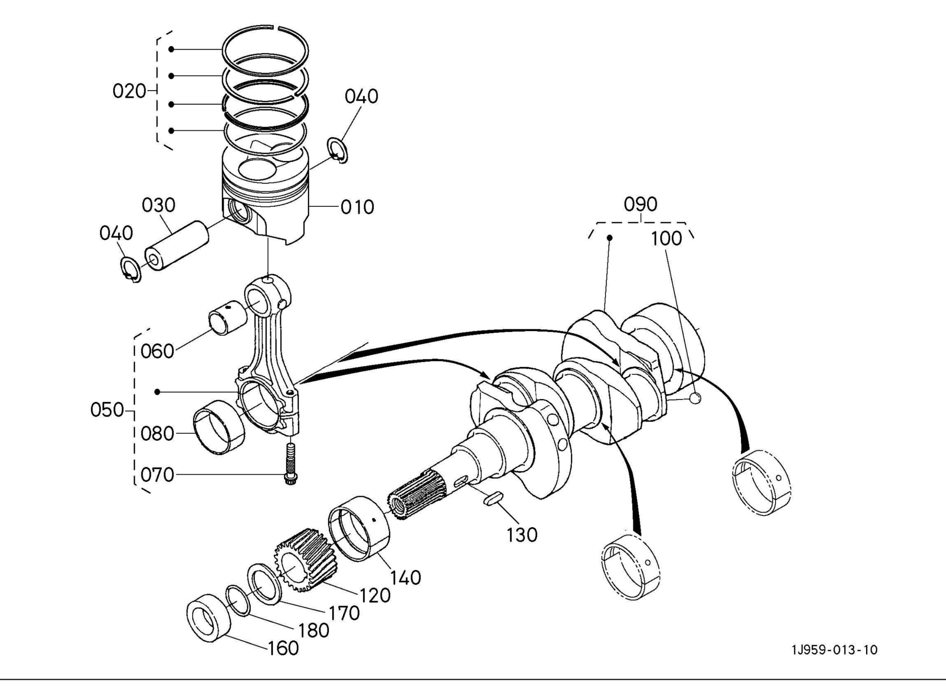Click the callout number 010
[x=357, y=207]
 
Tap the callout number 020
[x=129, y=91]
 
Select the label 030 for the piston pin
[x=159, y=205]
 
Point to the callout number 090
[x=640, y=204]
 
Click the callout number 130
[x=522, y=535]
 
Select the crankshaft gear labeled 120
[x=305, y=560]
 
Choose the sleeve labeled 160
[x=208, y=618]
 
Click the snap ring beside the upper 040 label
[x=337, y=150]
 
